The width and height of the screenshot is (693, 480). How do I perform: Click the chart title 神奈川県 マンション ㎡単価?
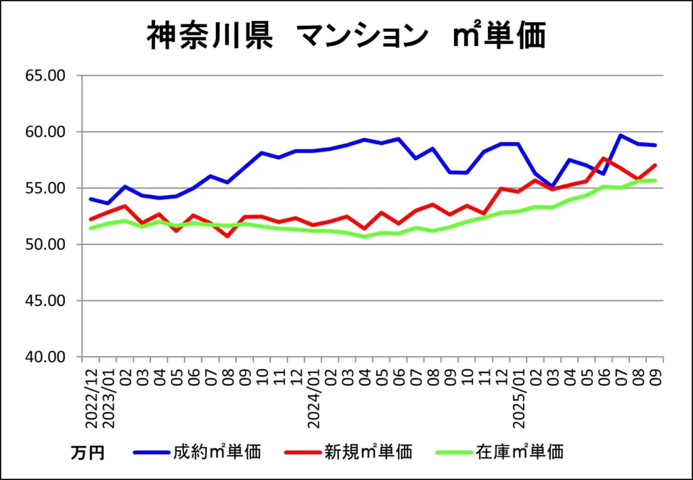346,36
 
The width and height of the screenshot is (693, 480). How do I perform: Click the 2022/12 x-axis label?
91,396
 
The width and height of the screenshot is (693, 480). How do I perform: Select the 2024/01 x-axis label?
314,396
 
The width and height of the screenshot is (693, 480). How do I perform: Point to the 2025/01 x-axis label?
519,396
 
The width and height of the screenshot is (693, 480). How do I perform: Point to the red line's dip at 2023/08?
228,236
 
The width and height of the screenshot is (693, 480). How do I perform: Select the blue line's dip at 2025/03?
552,186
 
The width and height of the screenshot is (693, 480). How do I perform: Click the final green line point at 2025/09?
655,180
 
